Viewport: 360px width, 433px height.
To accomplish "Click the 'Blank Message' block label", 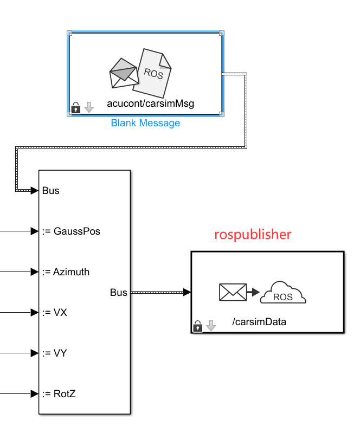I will pyautogui.click(x=145, y=123).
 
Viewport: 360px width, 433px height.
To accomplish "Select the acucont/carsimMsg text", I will pyautogui.click(x=150, y=104).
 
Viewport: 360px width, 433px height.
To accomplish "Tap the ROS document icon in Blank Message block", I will pyautogui.click(x=155, y=73).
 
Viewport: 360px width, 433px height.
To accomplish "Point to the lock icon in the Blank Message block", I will pyautogui.click(x=76, y=108).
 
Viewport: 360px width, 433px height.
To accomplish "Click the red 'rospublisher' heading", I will pyautogui.click(x=253, y=235).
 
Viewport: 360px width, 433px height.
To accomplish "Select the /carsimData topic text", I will pyautogui.click(x=259, y=322).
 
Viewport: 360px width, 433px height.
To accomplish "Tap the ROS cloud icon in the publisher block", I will pyautogui.click(x=283, y=294).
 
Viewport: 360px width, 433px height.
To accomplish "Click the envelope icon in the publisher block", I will pyautogui.click(x=232, y=292).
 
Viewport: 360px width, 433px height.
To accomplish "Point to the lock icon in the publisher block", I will pyautogui.click(x=198, y=326).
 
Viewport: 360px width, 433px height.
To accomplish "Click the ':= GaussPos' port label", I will pyautogui.click(x=71, y=231).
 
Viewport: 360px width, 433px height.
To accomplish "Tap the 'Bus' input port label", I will pyautogui.click(x=51, y=191).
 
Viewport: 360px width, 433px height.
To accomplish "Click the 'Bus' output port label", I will pyautogui.click(x=118, y=293).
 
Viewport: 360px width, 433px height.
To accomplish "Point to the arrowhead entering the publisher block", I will pyautogui.click(x=187, y=293).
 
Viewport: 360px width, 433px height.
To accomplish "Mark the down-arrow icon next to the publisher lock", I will pyautogui.click(x=211, y=326).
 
